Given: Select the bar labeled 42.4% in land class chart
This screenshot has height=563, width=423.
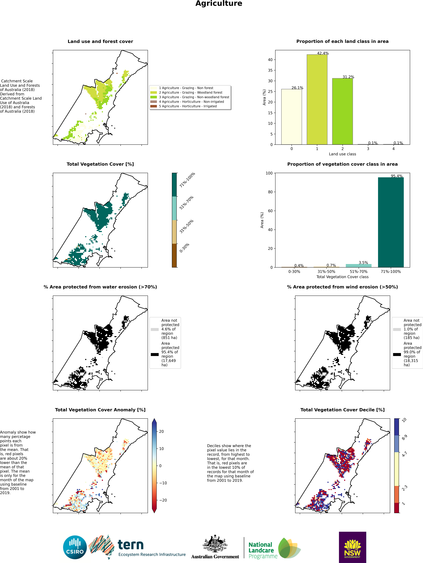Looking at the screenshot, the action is point(317,100).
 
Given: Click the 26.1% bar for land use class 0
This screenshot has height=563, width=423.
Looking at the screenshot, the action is point(291,117).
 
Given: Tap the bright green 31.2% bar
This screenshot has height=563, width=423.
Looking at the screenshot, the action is point(342,111).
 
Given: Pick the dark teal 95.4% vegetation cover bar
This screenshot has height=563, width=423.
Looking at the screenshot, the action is point(391,222).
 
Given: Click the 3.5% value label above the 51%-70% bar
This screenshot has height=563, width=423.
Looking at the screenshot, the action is point(363,263).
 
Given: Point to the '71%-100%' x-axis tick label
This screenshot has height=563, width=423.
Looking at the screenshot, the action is point(391,272).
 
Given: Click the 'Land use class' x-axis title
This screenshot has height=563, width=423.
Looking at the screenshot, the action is point(342,154).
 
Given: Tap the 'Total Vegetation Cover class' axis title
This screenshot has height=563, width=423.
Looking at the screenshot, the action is point(342,277).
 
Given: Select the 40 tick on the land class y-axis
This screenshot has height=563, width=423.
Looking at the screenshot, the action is point(270,60).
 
